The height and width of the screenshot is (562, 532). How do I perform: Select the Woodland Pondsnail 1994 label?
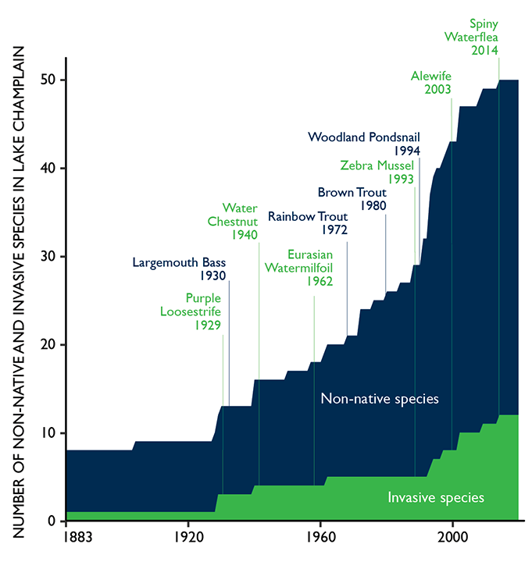click(x=365, y=144)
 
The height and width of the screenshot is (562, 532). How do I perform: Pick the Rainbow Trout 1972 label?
click(x=307, y=223)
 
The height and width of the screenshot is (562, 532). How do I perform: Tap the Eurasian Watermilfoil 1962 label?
click(x=310, y=268)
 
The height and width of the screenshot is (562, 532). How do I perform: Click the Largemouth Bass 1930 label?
click(x=179, y=269)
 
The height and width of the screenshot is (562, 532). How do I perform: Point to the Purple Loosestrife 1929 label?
click(x=202, y=311)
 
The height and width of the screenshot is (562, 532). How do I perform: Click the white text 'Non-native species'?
click(x=380, y=399)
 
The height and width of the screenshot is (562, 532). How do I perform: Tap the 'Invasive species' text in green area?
click(x=437, y=497)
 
